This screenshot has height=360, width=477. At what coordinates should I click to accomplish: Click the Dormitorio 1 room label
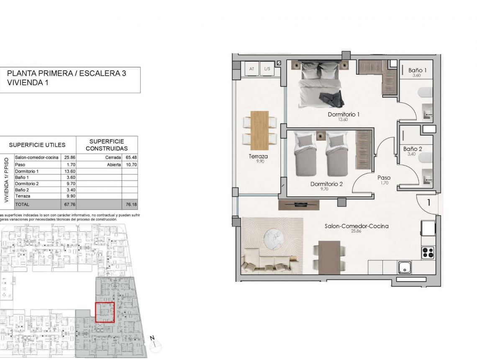344,114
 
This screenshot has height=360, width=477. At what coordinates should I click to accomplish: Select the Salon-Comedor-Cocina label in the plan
356,226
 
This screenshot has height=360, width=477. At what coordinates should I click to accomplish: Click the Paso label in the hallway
384,177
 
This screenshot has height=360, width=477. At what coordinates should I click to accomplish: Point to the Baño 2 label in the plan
413,149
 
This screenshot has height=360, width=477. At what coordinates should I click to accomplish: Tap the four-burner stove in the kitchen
428,252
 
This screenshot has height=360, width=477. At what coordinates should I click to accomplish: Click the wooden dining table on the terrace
259,130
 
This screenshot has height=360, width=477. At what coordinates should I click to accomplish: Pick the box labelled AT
251,69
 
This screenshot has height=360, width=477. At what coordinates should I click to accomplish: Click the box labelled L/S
267,69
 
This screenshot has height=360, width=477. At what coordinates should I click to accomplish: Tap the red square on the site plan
105,312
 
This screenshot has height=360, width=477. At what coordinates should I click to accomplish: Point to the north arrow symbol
155,343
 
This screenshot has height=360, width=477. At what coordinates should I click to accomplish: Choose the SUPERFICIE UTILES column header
37,145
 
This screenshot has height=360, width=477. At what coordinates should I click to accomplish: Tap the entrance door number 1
429,203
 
